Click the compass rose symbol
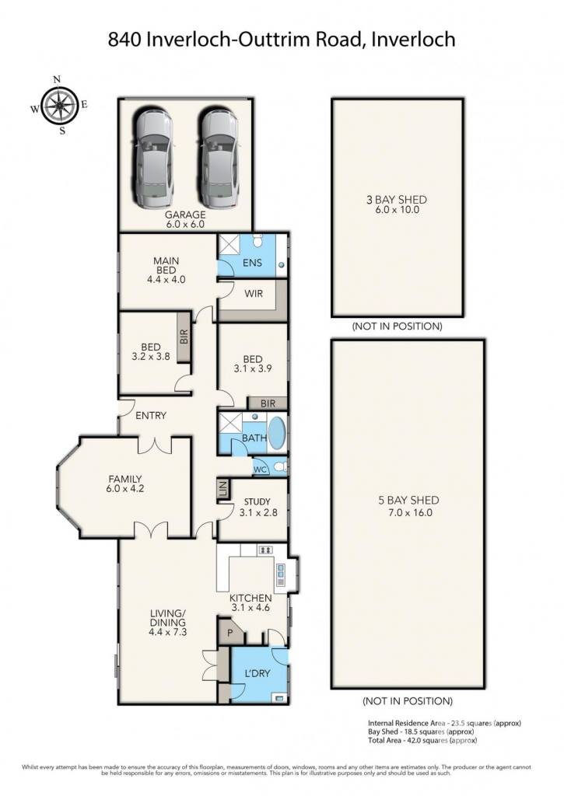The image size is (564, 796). pyautogui.click(x=59, y=106)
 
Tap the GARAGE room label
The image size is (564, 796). pyautogui.click(x=185, y=215)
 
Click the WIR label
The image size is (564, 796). pyautogui.click(x=254, y=293)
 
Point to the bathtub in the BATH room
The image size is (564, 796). pyautogui.click(x=277, y=433)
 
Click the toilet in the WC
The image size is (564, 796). pyautogui.click(x=279, y=466)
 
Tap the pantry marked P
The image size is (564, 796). pyautogui.click(x=229, y=633)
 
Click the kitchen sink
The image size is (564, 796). pyautogui.click(x=281, y=573)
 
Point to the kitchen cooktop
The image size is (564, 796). pyautogui.click(x=265, y=550)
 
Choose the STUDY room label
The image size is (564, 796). pyautogui.click(x=257, y=501)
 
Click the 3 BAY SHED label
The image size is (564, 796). pyautogui.click(x=396, y=200)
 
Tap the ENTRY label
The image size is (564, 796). pyautogui.click(x=151, y=415)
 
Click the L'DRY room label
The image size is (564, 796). pyautogui.click(x=257, y=673)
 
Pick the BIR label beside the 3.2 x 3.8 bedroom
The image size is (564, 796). pyautogui.click(x=184, y=337)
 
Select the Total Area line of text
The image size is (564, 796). pyautogui.click(x=422, y=740)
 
